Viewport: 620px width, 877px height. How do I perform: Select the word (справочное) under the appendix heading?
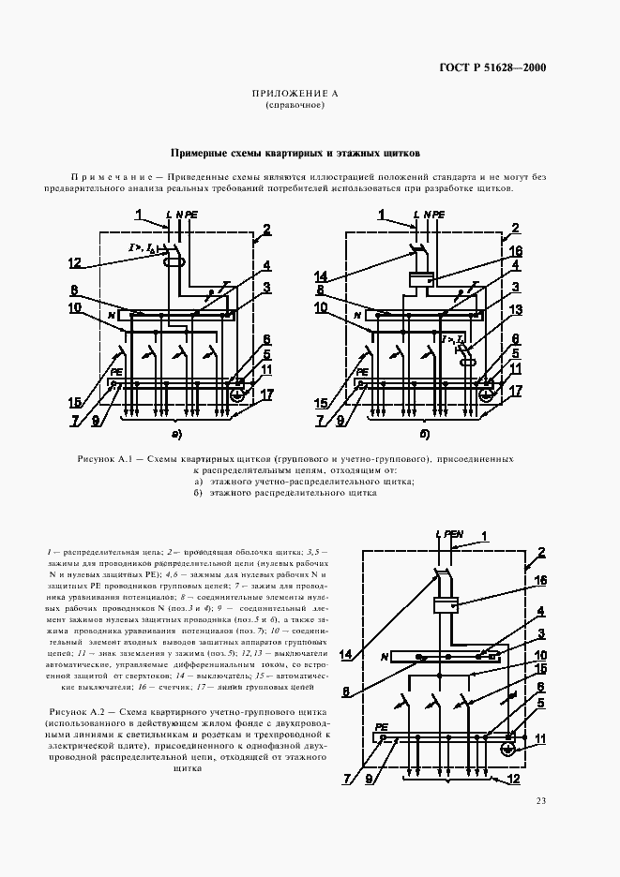295,106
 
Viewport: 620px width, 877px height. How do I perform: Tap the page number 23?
541,800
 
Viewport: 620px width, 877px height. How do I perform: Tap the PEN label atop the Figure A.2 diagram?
451,534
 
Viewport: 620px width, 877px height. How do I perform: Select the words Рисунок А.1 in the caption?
109,459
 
